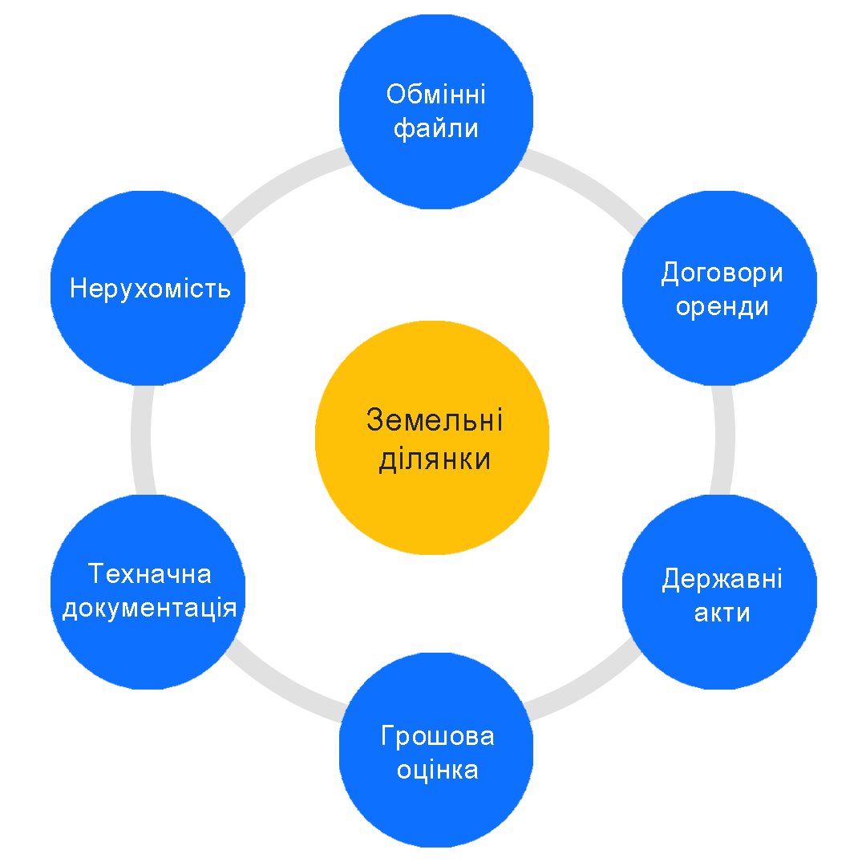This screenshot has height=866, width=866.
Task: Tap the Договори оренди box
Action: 719,345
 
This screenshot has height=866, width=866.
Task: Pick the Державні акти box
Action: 719,649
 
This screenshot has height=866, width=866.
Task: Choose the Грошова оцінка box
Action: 436,810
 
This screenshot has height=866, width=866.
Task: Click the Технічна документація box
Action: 148,649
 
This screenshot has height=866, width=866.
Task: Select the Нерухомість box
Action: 148,337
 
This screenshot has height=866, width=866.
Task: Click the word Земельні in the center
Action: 435,420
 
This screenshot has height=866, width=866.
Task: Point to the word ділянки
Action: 435,460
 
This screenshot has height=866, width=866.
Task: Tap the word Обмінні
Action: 436,95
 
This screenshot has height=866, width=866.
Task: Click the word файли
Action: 436,128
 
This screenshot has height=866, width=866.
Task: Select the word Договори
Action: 722,273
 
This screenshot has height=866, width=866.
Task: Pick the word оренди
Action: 722,307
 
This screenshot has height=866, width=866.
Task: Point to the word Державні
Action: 722,579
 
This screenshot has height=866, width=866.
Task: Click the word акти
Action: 722,613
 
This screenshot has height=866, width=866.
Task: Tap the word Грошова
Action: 437,736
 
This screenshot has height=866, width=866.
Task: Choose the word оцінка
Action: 437,770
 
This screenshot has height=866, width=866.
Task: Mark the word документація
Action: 150,609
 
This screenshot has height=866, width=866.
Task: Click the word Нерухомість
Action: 150,288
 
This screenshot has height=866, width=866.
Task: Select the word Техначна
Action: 150,574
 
